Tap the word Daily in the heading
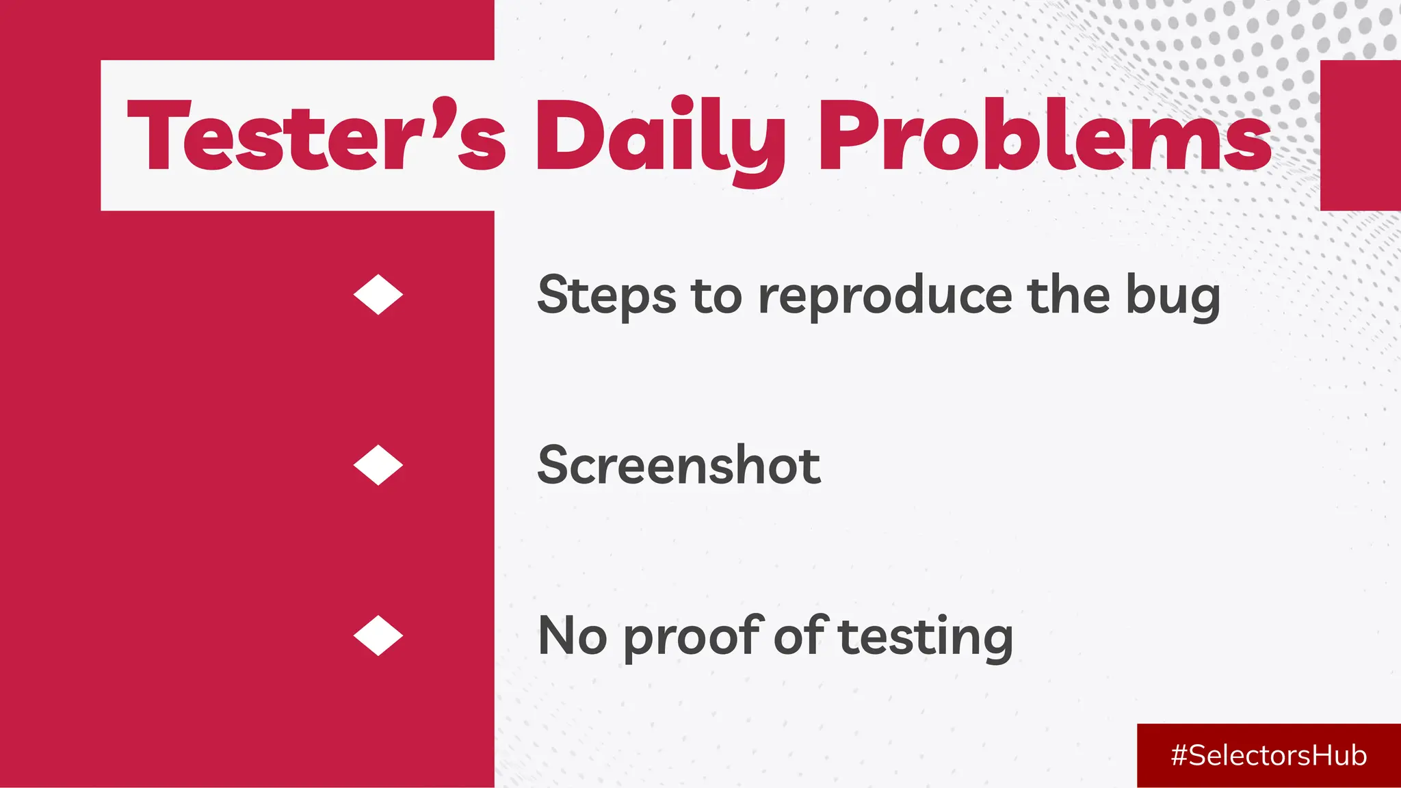pyautogui.click(x=660, y=137)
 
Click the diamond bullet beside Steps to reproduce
pyautogui.click(x=378, y=295)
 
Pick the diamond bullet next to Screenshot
pyautogui.click(x=378, y=465)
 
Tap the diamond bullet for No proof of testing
pyautogui.click(x=378, y=635)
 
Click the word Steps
pyautogui.click(x=606, y=295)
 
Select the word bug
pyautogui.click(x=1173, y=297)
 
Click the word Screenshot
pyautogui.click(x=679, y=465)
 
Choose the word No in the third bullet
pyautogui.click(x=572, y=636)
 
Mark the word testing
pyautogui.click(x=926, y=638)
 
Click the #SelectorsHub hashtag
pyautogui.click(x=1268, y=756)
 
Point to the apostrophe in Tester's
pyautogui.click(x=443, y=109)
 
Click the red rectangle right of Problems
pyautogui.click(x=1360, y=135)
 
